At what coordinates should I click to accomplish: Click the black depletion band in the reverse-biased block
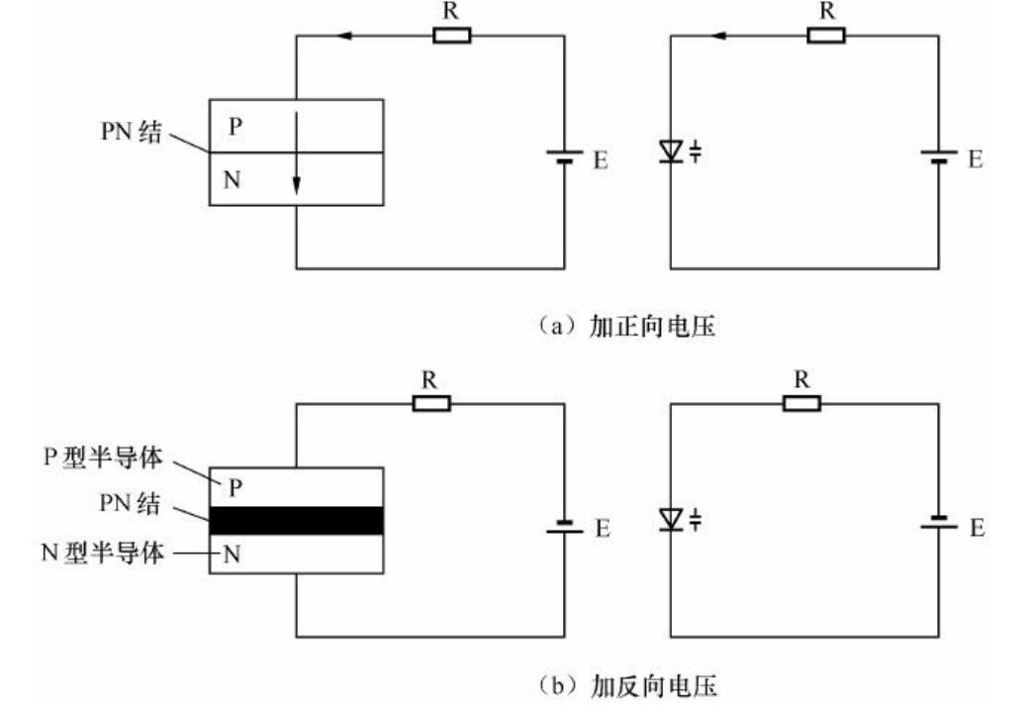pyautogui.click(x=296, y=520)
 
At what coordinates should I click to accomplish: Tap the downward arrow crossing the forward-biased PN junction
pyautogui.click(x=296, y=158)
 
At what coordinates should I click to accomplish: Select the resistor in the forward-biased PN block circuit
pyautogui.click(x=451, y=36)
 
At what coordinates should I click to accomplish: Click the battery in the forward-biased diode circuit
pyautogui.click(x=938, y=157)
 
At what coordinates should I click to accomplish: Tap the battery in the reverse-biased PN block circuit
pyautogui.click(x=565, y=526)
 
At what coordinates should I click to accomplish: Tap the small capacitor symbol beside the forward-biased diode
pyautogui.click(x=696, y=151)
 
